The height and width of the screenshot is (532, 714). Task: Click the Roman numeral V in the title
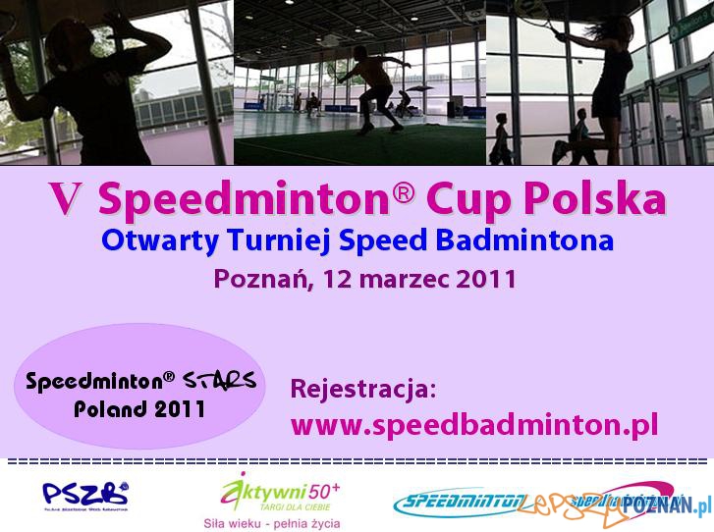pos(66,200)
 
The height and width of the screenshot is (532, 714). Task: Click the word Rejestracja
pos(362,389)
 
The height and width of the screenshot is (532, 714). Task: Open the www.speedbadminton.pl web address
pos(474,425)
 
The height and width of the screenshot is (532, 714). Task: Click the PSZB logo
pos(84,494)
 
